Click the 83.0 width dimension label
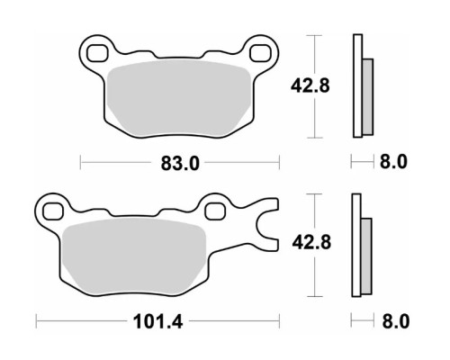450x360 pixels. click(x=180, y=164)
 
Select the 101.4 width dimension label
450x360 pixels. click(x=157, y=322)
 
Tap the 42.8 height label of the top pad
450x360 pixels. click(x=310, y=85)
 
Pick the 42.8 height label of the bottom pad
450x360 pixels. click(x=311, y=242)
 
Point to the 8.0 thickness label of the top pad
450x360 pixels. click(x=393, y=162)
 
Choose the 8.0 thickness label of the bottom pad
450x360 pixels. click(x=396, y=321)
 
